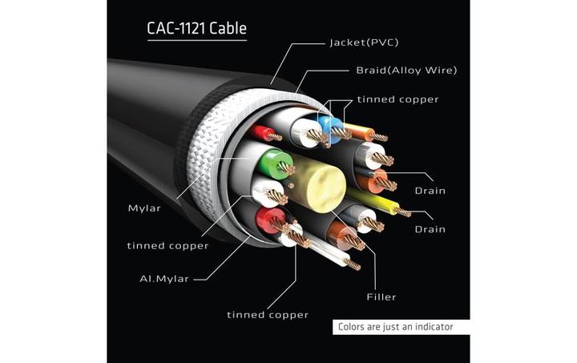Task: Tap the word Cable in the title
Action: pos(228,29)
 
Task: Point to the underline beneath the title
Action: pos(197,41)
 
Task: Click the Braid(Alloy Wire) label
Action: pos(406,71)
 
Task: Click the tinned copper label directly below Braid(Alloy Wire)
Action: pos(397,99)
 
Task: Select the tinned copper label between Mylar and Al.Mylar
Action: pos(167,245)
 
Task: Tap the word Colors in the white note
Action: pos(353,327)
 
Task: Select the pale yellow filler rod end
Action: pos(316,185)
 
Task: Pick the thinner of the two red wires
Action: pos(261,132)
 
